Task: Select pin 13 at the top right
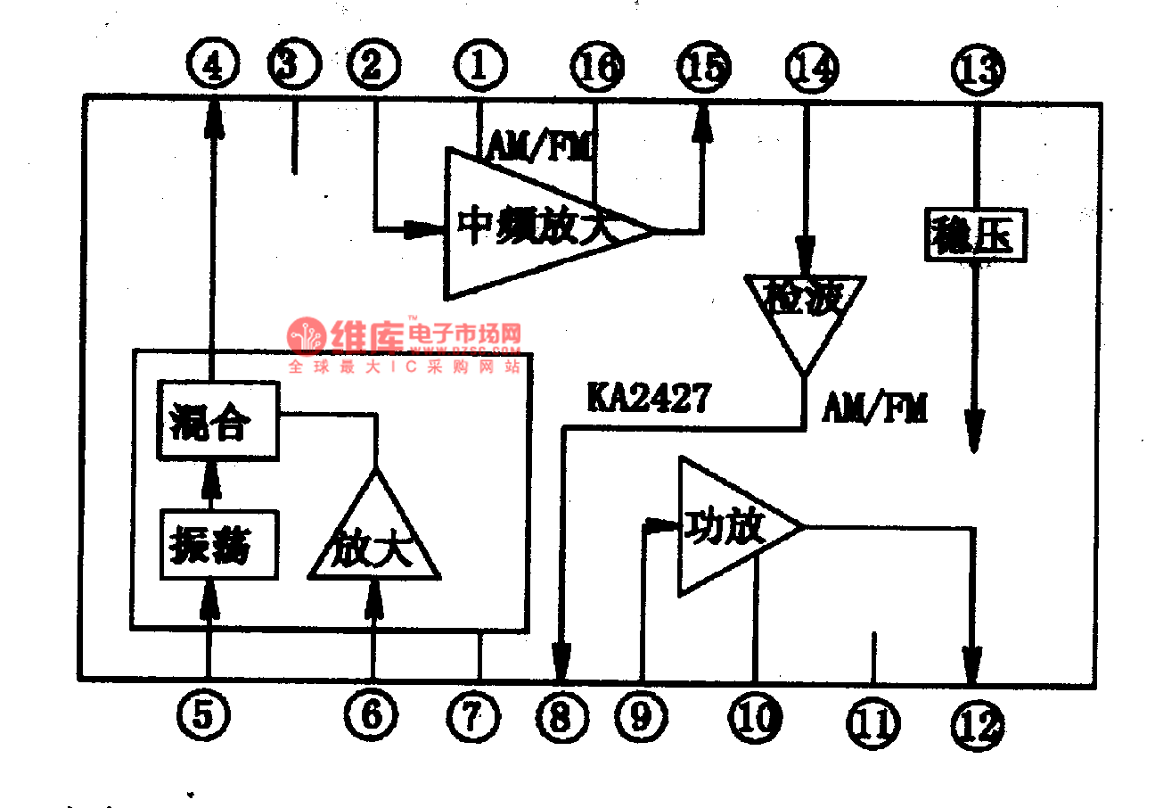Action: (978, 69)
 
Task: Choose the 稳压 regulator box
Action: (977, 235)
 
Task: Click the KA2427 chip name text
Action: (648, 397)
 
